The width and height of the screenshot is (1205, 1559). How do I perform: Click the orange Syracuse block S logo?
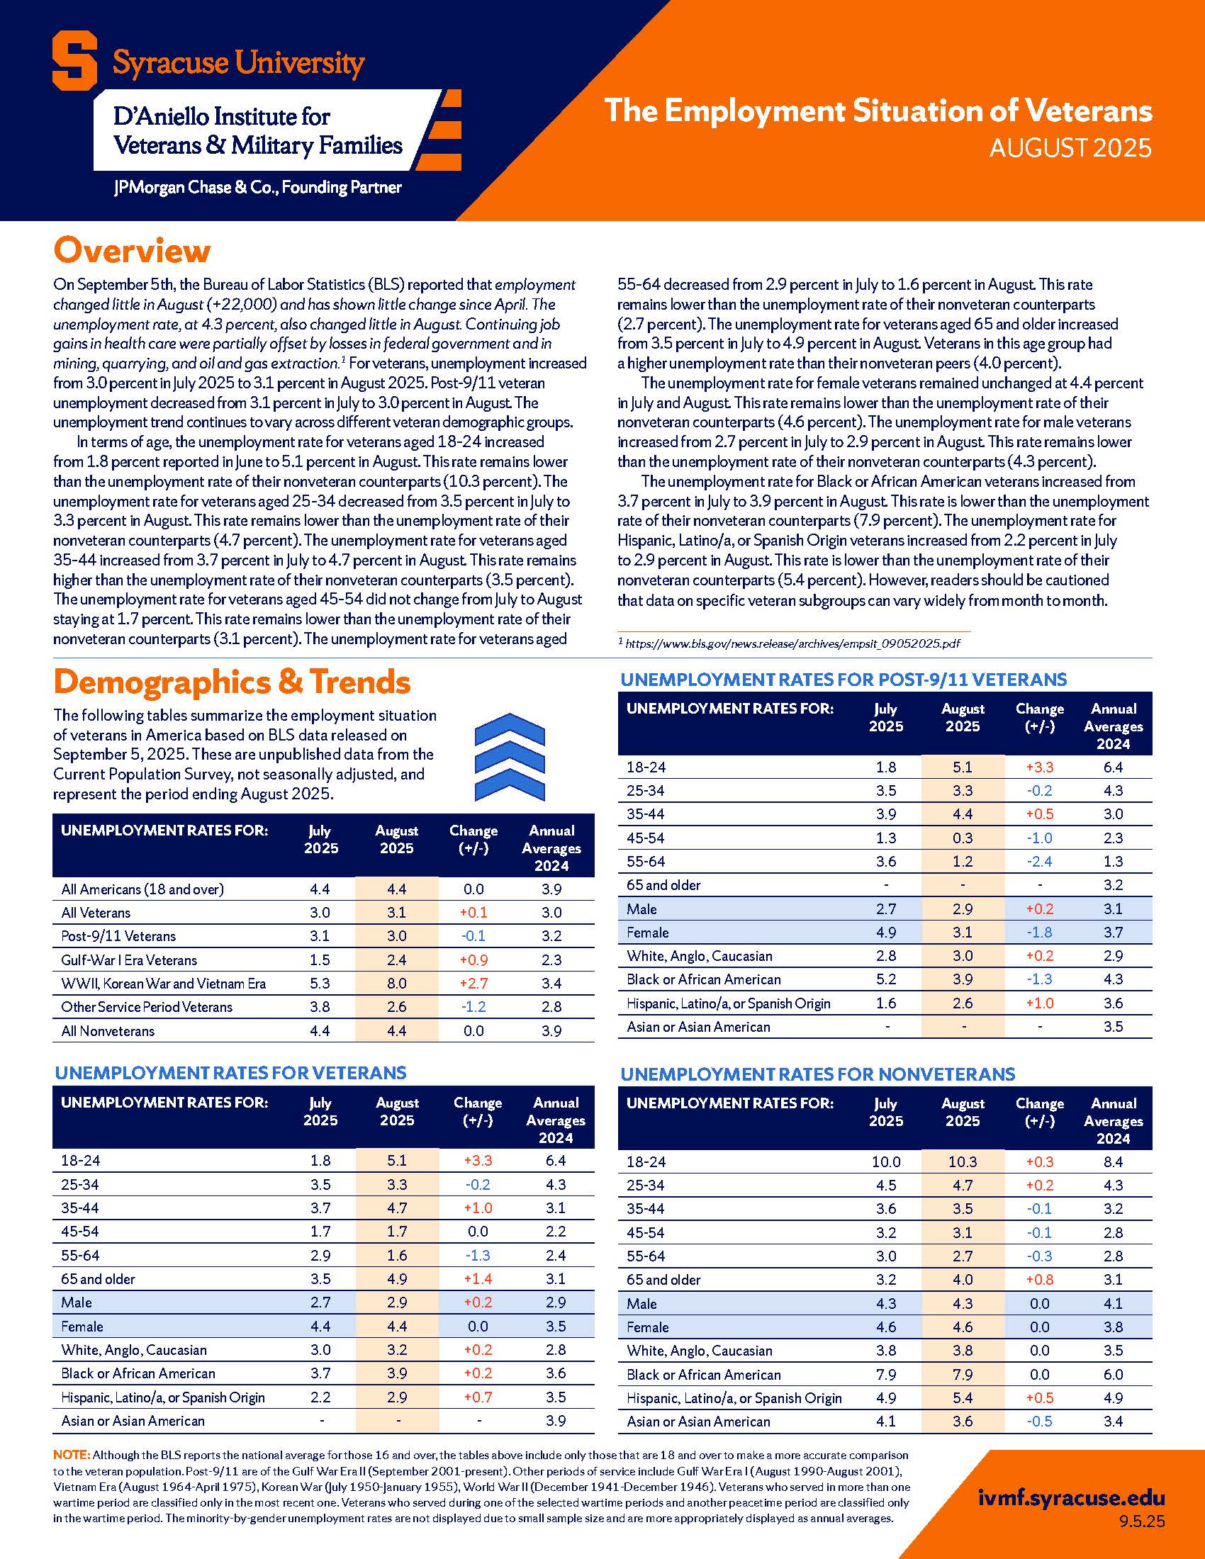click(74, 63)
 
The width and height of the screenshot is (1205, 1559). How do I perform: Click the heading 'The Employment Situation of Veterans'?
click(878, 111)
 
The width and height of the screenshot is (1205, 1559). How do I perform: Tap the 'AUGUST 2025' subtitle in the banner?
click(1070, 148)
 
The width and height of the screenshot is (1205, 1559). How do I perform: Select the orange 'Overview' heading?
click(132, 251)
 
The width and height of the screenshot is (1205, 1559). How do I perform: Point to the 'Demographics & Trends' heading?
click(232, 682)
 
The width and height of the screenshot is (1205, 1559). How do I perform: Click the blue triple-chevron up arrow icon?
click(510, 757)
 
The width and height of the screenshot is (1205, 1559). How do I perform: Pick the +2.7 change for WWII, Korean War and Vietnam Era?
click(473, 984)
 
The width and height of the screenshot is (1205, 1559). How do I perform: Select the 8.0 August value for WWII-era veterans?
click(396, 984)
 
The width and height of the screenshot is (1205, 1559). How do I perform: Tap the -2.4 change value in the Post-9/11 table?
click(1039, 862)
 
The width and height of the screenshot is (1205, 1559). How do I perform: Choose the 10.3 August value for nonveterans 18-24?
click(963, 1162)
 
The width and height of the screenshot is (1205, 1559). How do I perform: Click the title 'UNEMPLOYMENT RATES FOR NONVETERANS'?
click(817, 1074)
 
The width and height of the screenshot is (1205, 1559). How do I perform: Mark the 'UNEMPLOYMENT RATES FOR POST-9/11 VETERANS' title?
click(843, 680)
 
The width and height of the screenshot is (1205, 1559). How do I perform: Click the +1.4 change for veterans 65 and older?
click(478, 1279)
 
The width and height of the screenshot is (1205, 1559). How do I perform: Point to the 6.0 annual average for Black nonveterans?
click(1113, 1375)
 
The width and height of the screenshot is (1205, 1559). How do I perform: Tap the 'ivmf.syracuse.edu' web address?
click(1071, 1498)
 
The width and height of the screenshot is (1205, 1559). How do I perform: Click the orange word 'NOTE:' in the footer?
click(72, 1455)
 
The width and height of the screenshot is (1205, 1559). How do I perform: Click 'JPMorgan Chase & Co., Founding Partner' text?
click(258, 188)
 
